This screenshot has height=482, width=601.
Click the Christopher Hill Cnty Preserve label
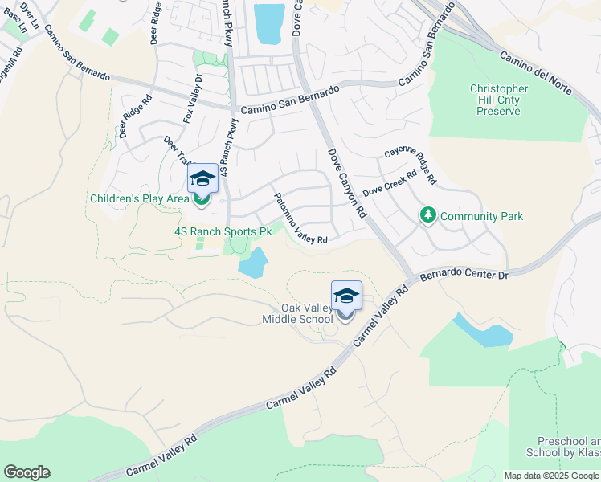[499, 100]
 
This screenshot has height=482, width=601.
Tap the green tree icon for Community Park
[427, 215]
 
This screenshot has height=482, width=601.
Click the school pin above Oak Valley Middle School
[346, 296]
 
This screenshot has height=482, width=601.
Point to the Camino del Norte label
[535, 73]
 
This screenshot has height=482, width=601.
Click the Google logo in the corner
[27, 472]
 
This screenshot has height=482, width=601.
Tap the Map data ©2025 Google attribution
[551, 476]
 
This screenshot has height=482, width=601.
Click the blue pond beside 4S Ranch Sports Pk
[254, 263]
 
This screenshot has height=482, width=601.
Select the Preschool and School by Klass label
[567, 447]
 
